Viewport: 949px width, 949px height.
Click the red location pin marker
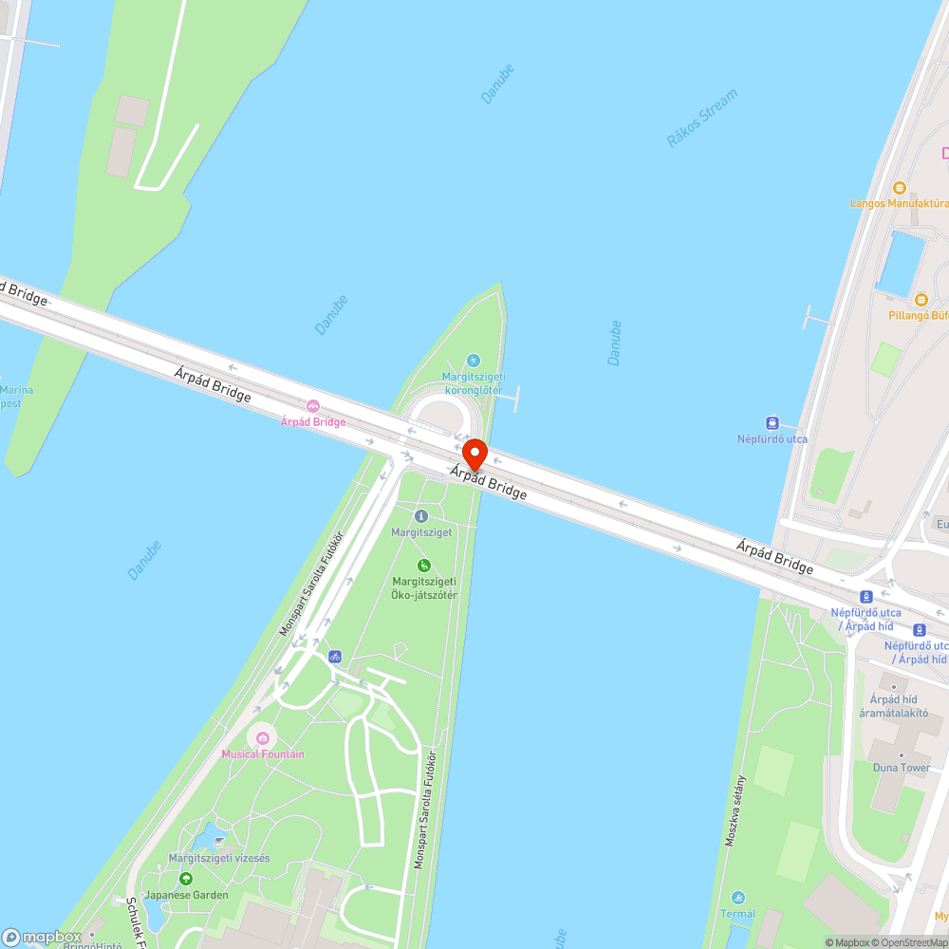474,455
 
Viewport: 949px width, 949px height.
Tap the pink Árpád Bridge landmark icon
313,406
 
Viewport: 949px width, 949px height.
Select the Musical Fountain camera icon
263,737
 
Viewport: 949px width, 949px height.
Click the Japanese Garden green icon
186,879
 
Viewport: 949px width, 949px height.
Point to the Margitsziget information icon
421,516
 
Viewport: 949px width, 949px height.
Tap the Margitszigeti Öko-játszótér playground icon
424,566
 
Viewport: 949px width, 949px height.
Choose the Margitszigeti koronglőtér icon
474,361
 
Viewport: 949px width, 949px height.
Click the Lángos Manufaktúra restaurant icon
900,189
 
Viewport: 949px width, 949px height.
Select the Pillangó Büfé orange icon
920,300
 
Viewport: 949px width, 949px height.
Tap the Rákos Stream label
701,118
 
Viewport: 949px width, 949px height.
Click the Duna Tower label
902,768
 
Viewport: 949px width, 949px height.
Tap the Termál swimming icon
738,898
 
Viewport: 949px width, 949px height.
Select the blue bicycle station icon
334,656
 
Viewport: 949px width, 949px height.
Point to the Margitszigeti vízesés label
219,858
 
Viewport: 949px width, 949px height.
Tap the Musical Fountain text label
263,754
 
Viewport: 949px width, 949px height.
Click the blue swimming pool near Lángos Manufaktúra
902,260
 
